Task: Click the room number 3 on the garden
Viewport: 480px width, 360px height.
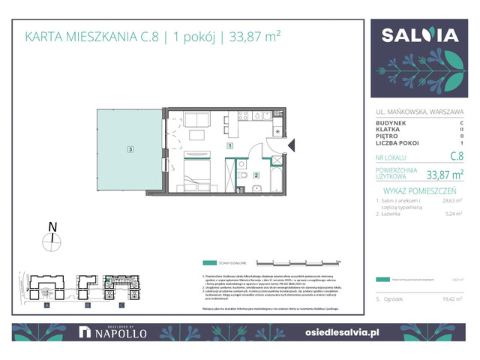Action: pyautogui.click(x=130, y=149)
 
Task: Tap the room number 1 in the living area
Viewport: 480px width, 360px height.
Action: pyautogui.click(x=229, y=147)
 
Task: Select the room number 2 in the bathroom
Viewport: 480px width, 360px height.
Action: pyautogui.click(x=256, y=175)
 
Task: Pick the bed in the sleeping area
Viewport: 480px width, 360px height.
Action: pyautogui.click(x=197, y=175)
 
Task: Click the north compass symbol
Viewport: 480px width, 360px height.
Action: pyautogui.click(x=52, y=240)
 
